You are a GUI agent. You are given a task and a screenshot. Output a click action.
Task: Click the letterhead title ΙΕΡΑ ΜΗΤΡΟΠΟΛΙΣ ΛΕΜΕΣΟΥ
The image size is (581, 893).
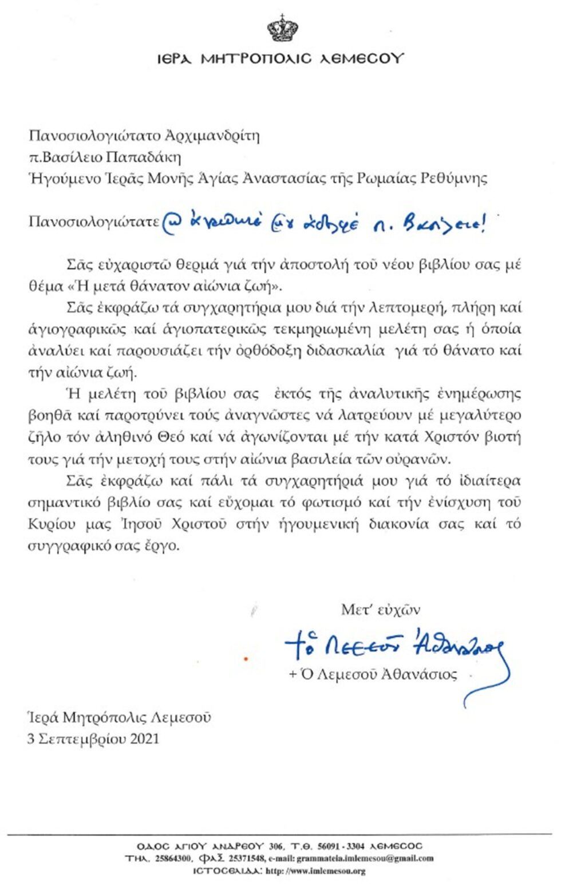pyautogui.click(x=281, y=58)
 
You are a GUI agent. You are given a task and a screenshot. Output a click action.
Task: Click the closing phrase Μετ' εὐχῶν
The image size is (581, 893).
pyautogui.click(x=381, y=610)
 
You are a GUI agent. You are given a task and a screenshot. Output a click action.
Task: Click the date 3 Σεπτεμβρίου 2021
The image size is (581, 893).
pyautogui.click(x=93, y=739)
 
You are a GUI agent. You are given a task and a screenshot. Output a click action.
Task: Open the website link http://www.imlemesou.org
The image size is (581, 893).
pyautogui.click(x=315, y=871)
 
